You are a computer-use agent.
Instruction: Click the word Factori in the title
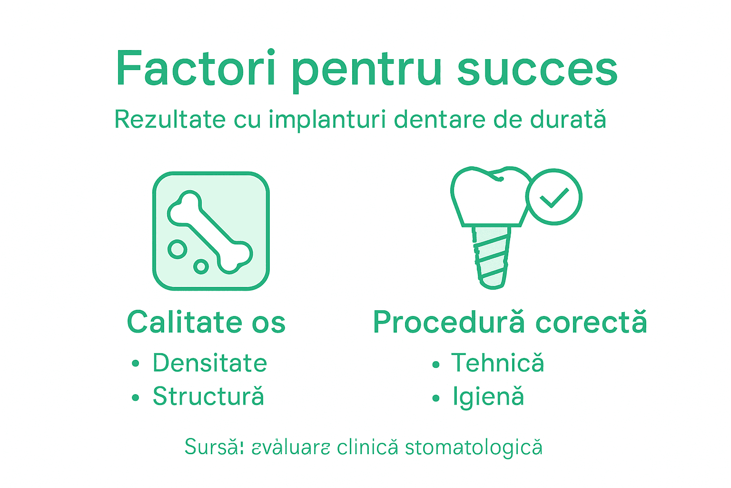(x=196, y=69)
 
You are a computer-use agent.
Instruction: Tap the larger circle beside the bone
(x=178, y=249)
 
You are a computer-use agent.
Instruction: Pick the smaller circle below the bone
(x=201, y=266)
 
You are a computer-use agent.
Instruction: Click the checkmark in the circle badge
(x=554, y=197)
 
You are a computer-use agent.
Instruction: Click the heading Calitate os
(x=206, y=323)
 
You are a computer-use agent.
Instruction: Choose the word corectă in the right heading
(x=591, y=323)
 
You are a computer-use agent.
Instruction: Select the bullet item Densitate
(x=209, y=363)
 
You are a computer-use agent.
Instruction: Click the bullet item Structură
(x=208, y=396)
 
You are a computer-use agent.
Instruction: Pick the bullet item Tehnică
(x=497, y=363)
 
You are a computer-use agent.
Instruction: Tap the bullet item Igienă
(x=488, y=397)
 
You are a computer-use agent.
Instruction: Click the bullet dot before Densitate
(x=136, y=364)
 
